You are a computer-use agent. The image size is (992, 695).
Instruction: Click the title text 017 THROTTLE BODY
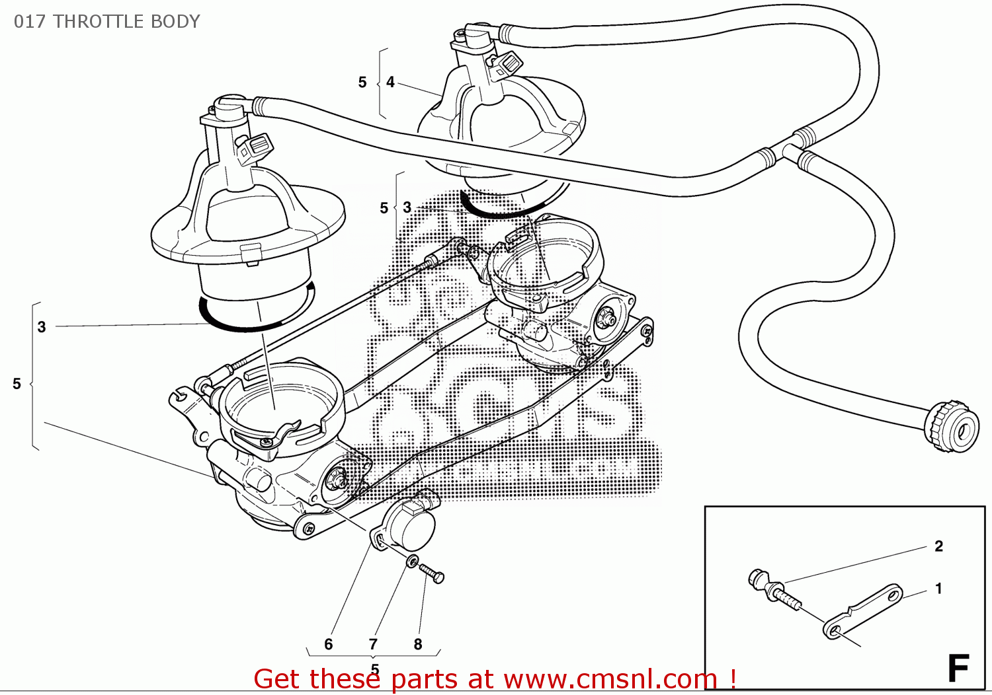click(x=106, y=21)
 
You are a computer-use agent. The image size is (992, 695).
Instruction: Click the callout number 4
click(x=390, y=82)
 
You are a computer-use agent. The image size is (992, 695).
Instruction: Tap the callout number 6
click(x=329, y=644)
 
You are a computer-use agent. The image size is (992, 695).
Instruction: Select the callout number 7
click(x=373, y=644)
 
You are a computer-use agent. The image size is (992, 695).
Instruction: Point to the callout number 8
click(x=418, y=644)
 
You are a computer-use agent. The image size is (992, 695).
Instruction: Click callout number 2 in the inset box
click(x=938, y=546)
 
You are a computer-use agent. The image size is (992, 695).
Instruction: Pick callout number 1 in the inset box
click(x=938, y=588)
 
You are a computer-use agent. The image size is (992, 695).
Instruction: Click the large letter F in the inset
click(x=958, y=668)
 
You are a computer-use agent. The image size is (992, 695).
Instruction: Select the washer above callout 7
click(x=411, y=562)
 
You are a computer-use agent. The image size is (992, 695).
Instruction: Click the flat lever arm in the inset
click(x=863, y=610)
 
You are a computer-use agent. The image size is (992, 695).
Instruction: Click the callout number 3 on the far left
click(x=42, y=327)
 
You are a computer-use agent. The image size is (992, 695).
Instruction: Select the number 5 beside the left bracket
click(x=17, y=384)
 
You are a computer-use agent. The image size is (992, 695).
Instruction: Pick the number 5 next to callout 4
click(x=362, y=83)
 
